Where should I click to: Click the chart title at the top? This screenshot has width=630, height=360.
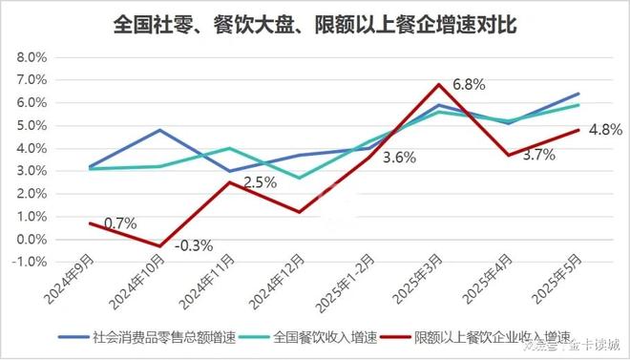[314, 23]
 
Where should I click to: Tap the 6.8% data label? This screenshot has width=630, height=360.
[468, 84]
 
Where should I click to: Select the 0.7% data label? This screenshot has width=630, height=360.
[120, 222]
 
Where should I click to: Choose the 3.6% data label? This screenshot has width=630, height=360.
[398, 158]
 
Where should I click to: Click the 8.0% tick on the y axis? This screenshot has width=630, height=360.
[31, 57]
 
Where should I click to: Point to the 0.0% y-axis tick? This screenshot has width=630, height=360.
[31, 240]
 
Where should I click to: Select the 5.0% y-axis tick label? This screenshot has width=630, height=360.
[31, 125]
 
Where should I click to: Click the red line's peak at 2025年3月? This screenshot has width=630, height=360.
[437, 84]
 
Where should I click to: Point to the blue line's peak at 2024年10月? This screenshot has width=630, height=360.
[159, 130]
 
